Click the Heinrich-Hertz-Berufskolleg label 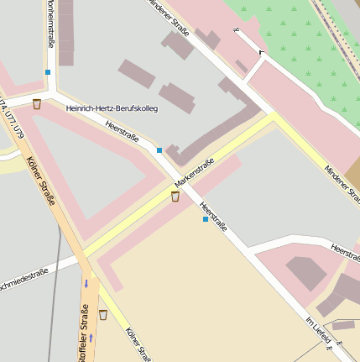click(112, 108)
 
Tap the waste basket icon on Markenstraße click(175, 197)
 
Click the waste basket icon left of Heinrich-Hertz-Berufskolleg click(37, 104)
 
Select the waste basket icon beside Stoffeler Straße click(102, 315)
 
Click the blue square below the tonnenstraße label click(48, 72)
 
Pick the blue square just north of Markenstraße click(159, 150)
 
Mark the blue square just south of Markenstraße click(205, 219)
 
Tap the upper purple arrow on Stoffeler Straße click(85, 283)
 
